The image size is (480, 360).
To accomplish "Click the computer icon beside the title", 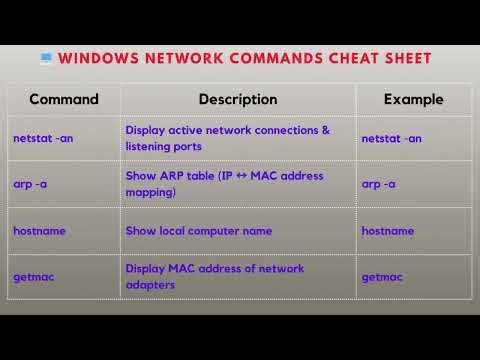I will pyautogui.click(x=47, y=58).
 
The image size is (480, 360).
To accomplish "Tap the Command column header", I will pyautogui.click(x=64, y=99).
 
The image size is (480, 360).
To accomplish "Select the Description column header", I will pyautogui.click(x=238, y=99).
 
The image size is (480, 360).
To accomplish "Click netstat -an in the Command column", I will pyautogui.click(x=43, y=138).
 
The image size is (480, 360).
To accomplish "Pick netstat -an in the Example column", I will pyautogui.click(x=391, y=138).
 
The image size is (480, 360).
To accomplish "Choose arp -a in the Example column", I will pyautogui.click(x=378, y=184).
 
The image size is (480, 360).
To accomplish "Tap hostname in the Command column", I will pyautogui.click(x=39, y=231).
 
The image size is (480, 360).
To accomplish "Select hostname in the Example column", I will pyautogui.click(x=387, y=231).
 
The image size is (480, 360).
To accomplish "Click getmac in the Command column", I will pyautogui.click(x=33, y=276).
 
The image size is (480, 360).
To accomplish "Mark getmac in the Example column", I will pyautogui.click(x=381, y=276).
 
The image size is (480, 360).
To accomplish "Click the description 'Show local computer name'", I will pyautogui.click(x=199, y=231).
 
